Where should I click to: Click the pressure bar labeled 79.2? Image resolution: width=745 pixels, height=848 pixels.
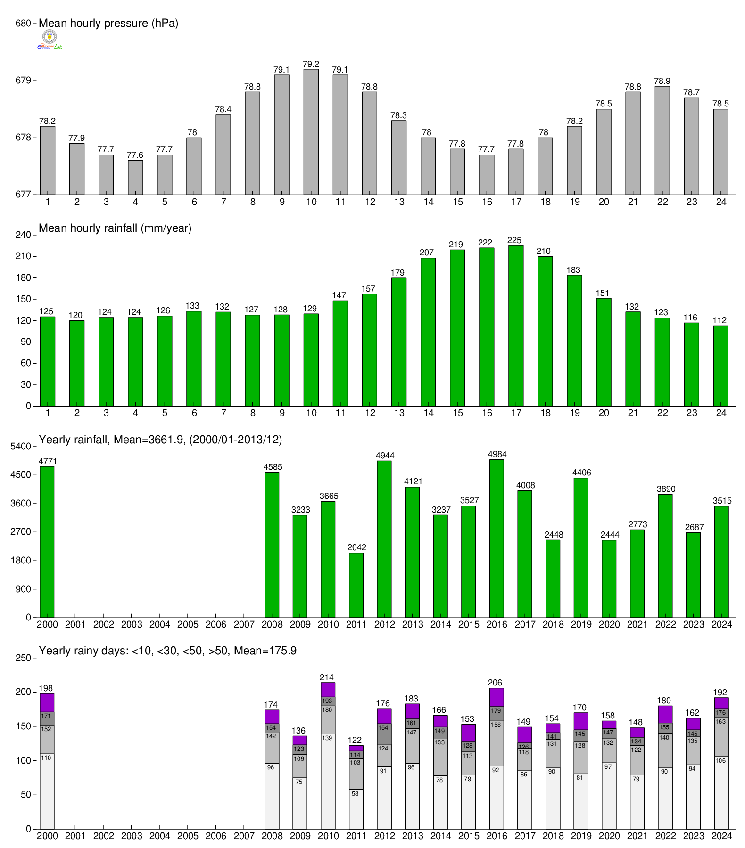coord(311,132)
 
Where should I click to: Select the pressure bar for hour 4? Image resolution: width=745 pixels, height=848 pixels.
coord(135,177)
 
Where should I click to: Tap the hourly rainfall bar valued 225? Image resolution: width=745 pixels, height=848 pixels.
coord(516,326)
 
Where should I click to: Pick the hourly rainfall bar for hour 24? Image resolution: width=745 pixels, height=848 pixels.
coord(720,366)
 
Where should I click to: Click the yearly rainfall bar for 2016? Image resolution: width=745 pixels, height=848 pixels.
coord(497,538)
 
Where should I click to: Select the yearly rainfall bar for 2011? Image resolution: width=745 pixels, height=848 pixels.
coord(356,585)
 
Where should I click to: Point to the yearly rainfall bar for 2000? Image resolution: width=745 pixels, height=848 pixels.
coord(47,542)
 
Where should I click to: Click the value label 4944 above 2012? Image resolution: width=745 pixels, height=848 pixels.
coord(385,456)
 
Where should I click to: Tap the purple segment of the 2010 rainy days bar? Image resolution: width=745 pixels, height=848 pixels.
coord(328,690)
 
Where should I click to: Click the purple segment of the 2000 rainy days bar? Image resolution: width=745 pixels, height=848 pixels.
coord(47,702)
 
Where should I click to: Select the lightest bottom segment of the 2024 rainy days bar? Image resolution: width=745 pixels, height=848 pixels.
coord(721,792)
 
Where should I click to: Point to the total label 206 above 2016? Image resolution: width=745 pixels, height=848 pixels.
coord(495,683)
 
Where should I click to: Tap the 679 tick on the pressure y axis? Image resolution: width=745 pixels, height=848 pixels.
coord(23,81)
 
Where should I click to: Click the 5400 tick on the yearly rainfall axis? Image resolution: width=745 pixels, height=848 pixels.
coord(21,446)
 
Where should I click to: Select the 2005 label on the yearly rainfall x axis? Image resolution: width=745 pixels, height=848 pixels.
coord(188,624)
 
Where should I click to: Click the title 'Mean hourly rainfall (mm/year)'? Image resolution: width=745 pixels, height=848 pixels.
coord(115,228)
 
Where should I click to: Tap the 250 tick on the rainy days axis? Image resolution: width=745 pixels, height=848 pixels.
coord(23,658)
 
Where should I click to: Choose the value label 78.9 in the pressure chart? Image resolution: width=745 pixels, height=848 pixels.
coord(662,81)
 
